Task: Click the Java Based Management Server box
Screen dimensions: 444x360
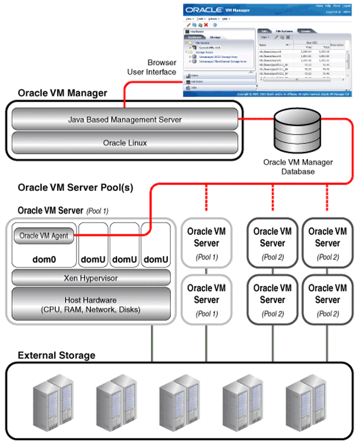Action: coord(123,119)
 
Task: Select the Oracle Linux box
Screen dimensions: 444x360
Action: coord(123,142)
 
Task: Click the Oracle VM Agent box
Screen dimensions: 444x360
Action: coord(44,236)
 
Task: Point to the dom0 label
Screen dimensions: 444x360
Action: coord(45,259)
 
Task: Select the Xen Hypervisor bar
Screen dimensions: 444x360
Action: coord(91,278)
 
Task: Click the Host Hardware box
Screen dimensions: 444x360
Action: coord(91,304)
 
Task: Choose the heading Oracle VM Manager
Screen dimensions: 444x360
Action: coord(63,93)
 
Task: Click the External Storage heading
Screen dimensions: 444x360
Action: coord(57,356)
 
